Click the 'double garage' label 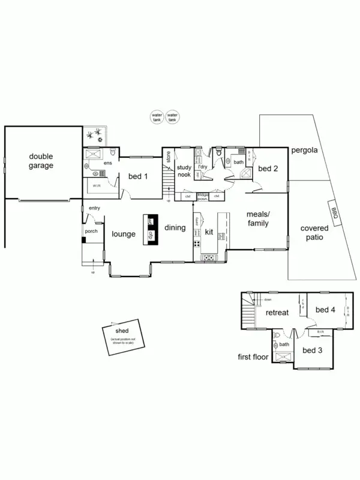42,161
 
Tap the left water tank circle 157,117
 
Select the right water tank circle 173,117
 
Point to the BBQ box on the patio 335,211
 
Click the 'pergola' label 305,150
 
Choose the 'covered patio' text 313,233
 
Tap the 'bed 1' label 139,176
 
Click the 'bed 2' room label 268,169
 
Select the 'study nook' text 184,170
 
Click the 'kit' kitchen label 209,231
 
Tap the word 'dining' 175,227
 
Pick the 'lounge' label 123,233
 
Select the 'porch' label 91,231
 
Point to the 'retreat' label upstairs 278,312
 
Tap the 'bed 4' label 325,310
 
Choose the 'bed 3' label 313,350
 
